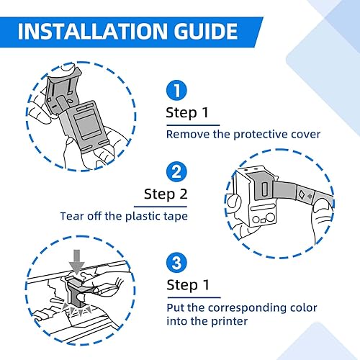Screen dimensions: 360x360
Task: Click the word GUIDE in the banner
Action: tap(206, 31)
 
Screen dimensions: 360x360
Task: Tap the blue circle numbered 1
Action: tap(176, 90)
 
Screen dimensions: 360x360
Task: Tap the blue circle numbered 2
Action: tap(176, 171)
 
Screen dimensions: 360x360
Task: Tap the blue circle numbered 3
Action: tap(176, 262)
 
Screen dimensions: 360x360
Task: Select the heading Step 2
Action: tap(166, 194)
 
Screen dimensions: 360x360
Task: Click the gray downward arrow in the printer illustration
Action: tap(76, 262)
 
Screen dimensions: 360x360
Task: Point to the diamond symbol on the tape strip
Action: tap(302, 194)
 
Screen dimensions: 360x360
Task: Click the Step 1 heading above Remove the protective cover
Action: tap(187, 113)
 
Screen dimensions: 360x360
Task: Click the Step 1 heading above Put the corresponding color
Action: tap(188, 285)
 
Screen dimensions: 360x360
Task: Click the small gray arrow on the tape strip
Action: tap(310, 197)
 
